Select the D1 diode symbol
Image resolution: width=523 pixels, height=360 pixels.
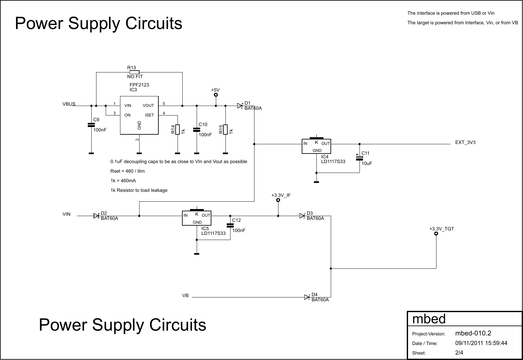240,106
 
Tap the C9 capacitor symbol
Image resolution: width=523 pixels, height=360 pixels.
91,125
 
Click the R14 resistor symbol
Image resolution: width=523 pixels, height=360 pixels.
178,130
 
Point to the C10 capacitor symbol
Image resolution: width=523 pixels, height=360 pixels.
197,130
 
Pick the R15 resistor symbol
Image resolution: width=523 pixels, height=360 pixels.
225,130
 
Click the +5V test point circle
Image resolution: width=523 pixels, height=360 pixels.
216,95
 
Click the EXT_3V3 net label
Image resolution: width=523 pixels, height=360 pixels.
465,142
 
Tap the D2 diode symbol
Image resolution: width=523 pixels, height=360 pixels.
96,216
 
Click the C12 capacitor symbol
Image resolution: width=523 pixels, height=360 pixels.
230,225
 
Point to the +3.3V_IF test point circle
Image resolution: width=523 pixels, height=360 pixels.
278,200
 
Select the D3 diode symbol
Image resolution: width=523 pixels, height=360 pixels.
302,216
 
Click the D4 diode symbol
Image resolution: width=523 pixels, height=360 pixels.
307,297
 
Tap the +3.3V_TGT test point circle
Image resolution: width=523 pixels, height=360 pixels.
436,234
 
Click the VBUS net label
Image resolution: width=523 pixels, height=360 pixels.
69,104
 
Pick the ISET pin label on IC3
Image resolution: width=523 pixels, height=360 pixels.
149,115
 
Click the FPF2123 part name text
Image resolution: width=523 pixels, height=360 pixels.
139,85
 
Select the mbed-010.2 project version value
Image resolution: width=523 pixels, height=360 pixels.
473,334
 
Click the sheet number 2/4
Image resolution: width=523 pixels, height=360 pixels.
459,353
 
